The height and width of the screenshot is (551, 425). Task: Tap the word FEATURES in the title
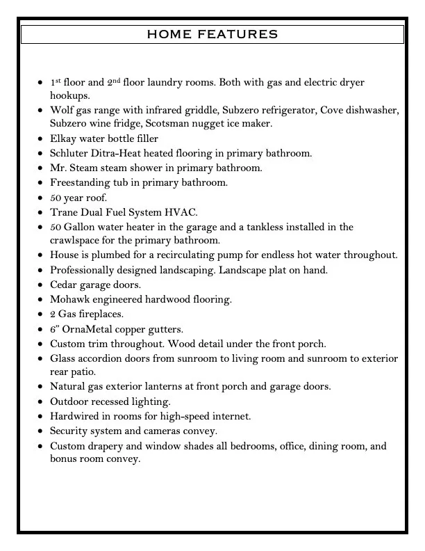point(240,34)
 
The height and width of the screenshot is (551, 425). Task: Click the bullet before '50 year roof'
point(40,198)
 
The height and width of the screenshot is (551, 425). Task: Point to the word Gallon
point(83,227)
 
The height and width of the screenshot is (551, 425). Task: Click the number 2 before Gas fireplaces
point(53,314)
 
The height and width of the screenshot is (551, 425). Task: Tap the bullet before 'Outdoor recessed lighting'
point(40,402)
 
